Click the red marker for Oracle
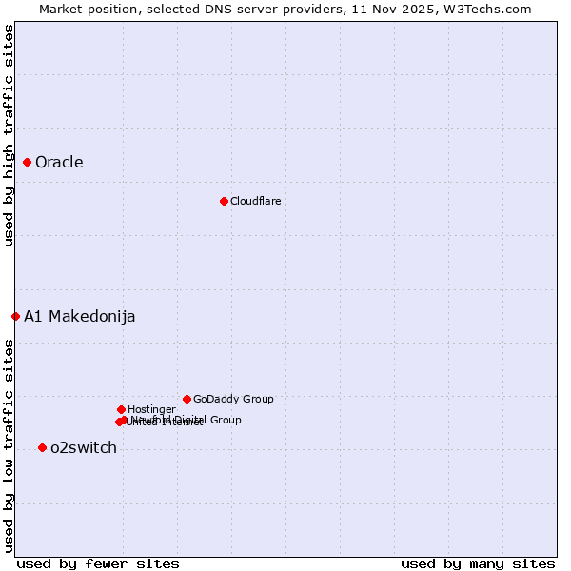27,162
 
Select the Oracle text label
59,162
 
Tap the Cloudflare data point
224,201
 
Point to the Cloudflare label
255,201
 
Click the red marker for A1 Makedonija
15,316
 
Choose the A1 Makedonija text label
79,316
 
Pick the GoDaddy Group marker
187,399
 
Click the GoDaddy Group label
233,399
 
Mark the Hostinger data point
121,409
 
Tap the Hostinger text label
151,409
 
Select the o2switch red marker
42,447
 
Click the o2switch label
84,447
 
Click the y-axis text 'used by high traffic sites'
9,135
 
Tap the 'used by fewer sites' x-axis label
98,563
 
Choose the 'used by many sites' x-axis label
478,563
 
